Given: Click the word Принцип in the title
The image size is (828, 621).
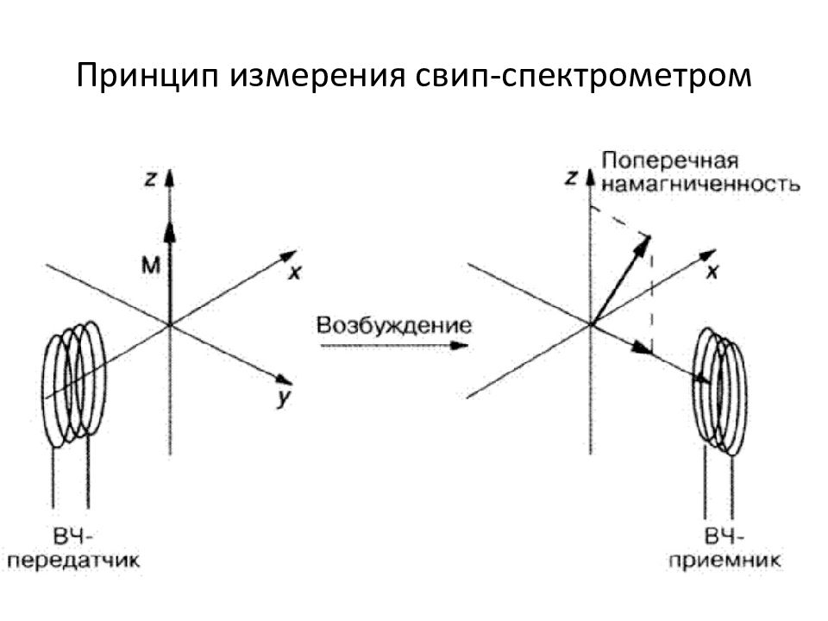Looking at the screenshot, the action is click(147, 76).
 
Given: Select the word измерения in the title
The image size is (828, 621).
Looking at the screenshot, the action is click(317, 76).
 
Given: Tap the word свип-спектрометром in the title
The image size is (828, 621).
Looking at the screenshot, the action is click(583, 76).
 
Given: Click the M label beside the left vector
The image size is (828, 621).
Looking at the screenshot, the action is click(150, 265).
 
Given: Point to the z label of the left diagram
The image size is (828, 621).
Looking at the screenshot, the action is click(150, 179).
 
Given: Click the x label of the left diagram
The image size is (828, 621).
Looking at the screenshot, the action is click(295, 273).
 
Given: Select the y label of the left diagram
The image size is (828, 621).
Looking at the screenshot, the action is click(284, 398).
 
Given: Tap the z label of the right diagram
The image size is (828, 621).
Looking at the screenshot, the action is click(571, 178).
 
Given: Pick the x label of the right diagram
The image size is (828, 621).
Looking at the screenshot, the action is click(712, 272).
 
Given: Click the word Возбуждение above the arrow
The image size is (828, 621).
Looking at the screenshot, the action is click(394, 325).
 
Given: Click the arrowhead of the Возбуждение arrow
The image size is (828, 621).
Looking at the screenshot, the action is click(460, 346).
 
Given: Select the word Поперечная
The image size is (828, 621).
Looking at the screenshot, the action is click(669, 160).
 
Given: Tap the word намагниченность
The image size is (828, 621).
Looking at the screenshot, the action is click(700, 185).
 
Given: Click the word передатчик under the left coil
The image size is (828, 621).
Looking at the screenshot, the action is click(74, 561).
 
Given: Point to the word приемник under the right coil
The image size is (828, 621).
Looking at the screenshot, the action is click(724, 560).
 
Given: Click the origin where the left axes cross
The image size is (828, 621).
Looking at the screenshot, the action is click(170, 324).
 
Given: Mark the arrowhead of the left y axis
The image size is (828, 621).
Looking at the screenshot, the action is click(284, 379).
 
